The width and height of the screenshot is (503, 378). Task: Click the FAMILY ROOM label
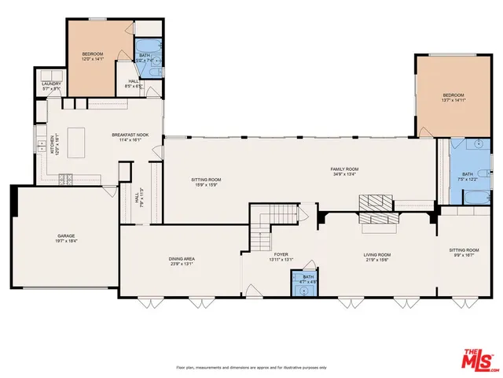tap(344, 169)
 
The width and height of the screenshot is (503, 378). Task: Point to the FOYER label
tap(281, 255)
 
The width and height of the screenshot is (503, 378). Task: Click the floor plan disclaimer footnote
tap(251, 368)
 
